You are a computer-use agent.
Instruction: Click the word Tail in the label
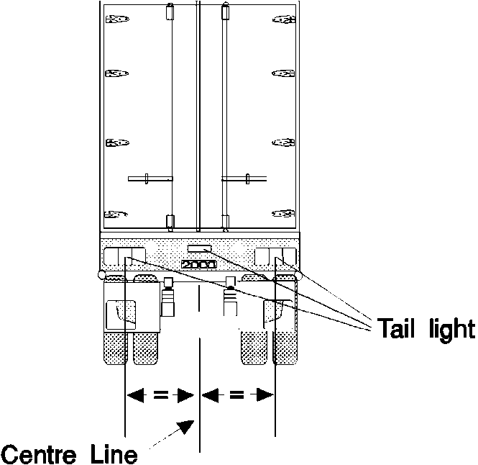pos(394,329)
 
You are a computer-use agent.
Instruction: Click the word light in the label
pos(447,329)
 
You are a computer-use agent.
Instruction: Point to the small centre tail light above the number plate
pos(199,249)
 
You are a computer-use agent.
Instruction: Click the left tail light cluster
pos(125,255)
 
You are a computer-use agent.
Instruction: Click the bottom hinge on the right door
pos(283,213)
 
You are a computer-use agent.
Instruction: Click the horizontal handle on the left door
pos(150,177)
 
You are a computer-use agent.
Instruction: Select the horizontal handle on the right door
pos(245,177)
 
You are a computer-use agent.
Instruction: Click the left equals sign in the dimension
pos(161,394)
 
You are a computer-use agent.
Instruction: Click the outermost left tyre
pos(115,346)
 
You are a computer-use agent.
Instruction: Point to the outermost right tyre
pos(286,346)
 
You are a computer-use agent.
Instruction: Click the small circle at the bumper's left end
pos(101,274)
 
